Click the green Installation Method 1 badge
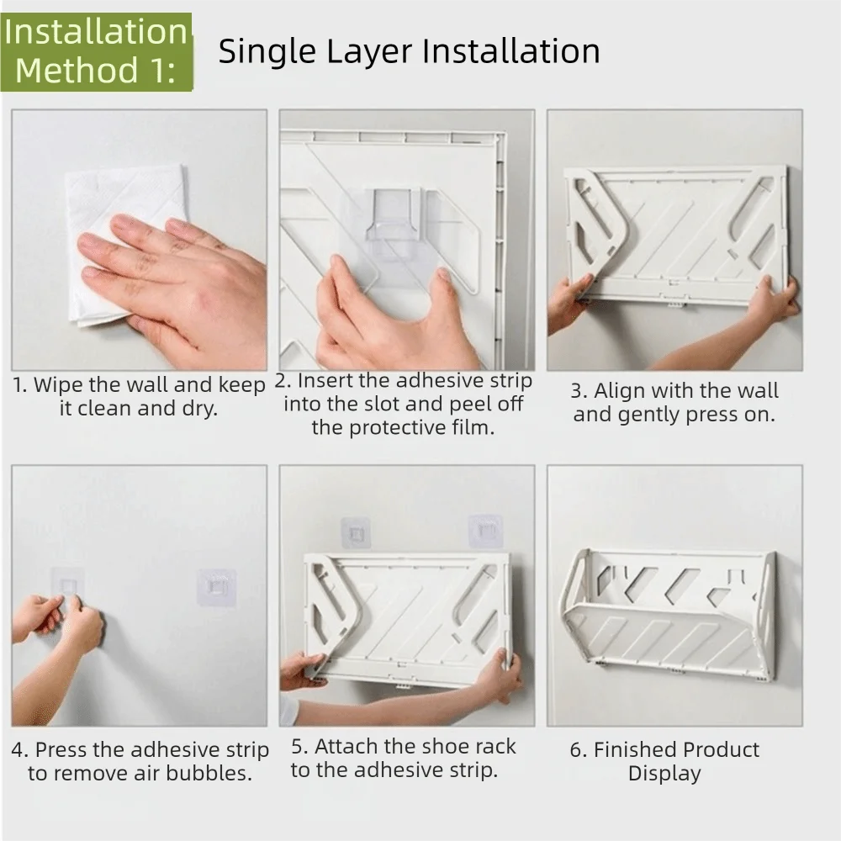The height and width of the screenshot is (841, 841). click(97, 52)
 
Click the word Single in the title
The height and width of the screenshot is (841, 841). click(267, 52)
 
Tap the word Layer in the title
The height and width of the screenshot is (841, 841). click(369, 52)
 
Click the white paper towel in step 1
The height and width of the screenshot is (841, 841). click(126, 244)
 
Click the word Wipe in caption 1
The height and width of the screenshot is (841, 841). click(58, 384)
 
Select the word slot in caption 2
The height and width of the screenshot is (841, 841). click(384, 404)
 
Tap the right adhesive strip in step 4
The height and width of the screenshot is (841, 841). click(216, 587)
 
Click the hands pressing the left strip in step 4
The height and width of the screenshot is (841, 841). click(59, 625)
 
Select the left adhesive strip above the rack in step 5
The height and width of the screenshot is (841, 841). click(356, 533)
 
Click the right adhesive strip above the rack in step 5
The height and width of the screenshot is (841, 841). click(485, 531)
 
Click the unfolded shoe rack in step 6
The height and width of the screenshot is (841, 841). click(668, 616)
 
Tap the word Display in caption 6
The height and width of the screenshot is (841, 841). click(664, 774)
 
